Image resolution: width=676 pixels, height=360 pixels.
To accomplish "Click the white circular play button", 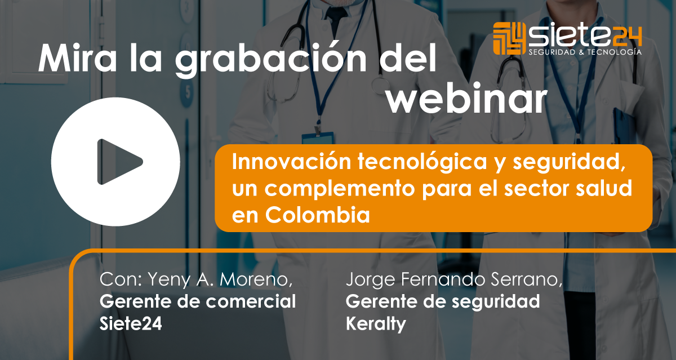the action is point(115,162).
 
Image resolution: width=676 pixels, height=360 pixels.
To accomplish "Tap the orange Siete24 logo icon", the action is point(509,39).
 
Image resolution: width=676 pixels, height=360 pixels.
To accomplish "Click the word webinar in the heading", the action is point(467,98).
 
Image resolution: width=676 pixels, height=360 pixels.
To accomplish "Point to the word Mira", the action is point(77,58).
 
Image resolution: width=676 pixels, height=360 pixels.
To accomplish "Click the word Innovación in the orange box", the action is point(291,162).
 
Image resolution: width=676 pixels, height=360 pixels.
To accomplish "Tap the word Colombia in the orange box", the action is point(318,215).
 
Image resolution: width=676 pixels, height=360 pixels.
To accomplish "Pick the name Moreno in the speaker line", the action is point(256,279).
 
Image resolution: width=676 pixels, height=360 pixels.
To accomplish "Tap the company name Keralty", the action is point(376,324).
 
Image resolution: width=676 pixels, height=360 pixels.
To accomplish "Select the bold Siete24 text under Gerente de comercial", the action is point(131,323).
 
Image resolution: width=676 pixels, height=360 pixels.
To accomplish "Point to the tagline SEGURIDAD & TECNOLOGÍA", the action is point(585,52).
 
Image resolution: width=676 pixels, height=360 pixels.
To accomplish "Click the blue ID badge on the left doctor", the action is point(318,138).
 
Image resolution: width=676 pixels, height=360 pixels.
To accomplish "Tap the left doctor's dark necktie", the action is point(336,18).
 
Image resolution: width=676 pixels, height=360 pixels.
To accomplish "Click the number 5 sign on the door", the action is point(187,92).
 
